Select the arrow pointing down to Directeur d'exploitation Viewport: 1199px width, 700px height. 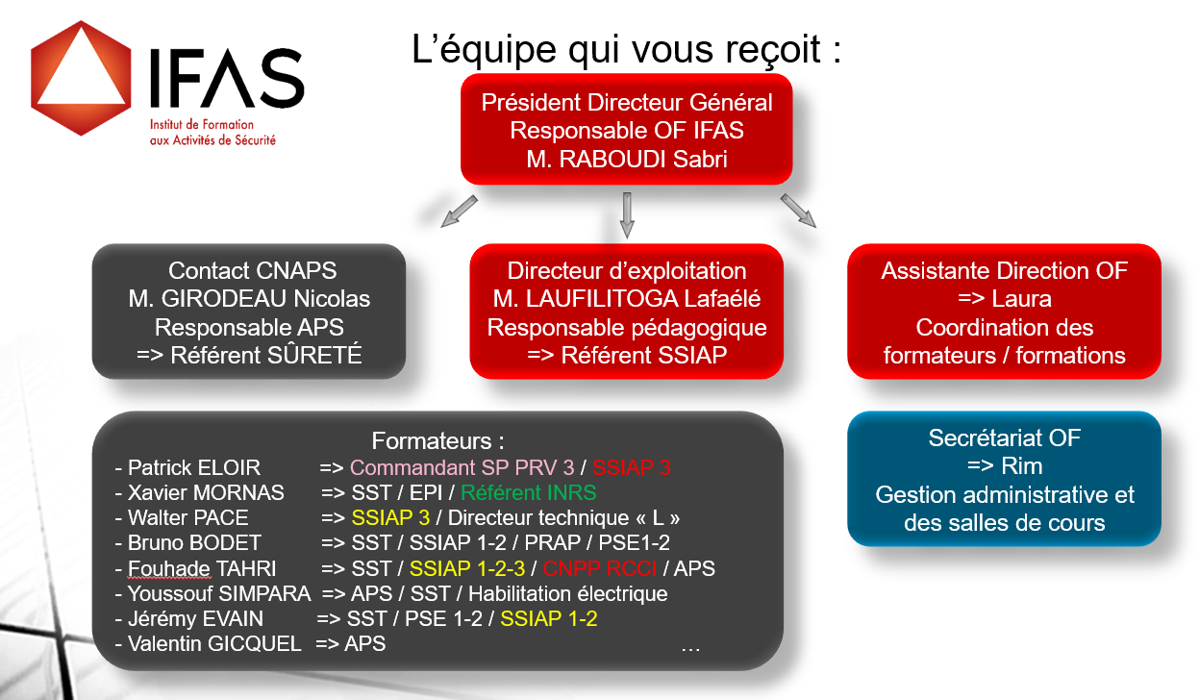tap(627, 215)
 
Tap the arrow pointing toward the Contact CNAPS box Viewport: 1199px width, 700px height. tap(459, 212)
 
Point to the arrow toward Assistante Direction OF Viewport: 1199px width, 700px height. tap(798, 211)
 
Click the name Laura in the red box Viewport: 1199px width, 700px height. tap(1021, 299)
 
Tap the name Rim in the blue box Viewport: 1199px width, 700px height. tap(1022, 466)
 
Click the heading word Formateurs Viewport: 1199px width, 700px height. tap(432, 441)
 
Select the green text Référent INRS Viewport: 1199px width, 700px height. tap(528, 492)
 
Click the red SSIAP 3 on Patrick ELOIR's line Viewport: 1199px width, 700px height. tap(632, 467)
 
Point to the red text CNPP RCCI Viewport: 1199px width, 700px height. tap(600, 568)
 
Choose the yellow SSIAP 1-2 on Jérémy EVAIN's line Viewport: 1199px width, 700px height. tap(549, 618)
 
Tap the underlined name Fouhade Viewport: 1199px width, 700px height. tap(169, 568)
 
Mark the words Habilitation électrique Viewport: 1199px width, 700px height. tap(568, 593)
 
